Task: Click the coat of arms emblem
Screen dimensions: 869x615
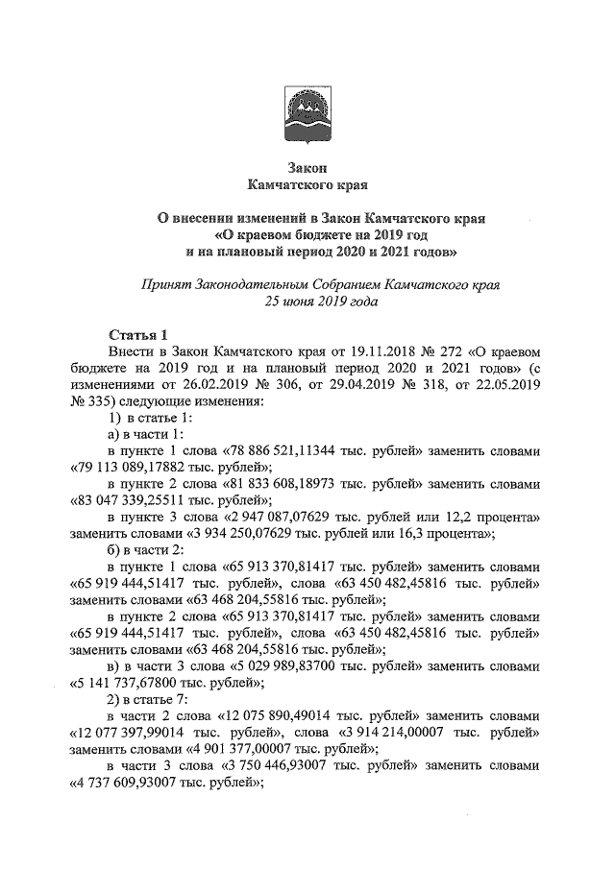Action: (x=307, y=113)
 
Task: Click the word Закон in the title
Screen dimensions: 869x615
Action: (x=307, y=166)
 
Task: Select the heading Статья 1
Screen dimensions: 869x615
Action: (x=137, y=335)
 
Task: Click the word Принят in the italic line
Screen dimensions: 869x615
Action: (x=164, y=285)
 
